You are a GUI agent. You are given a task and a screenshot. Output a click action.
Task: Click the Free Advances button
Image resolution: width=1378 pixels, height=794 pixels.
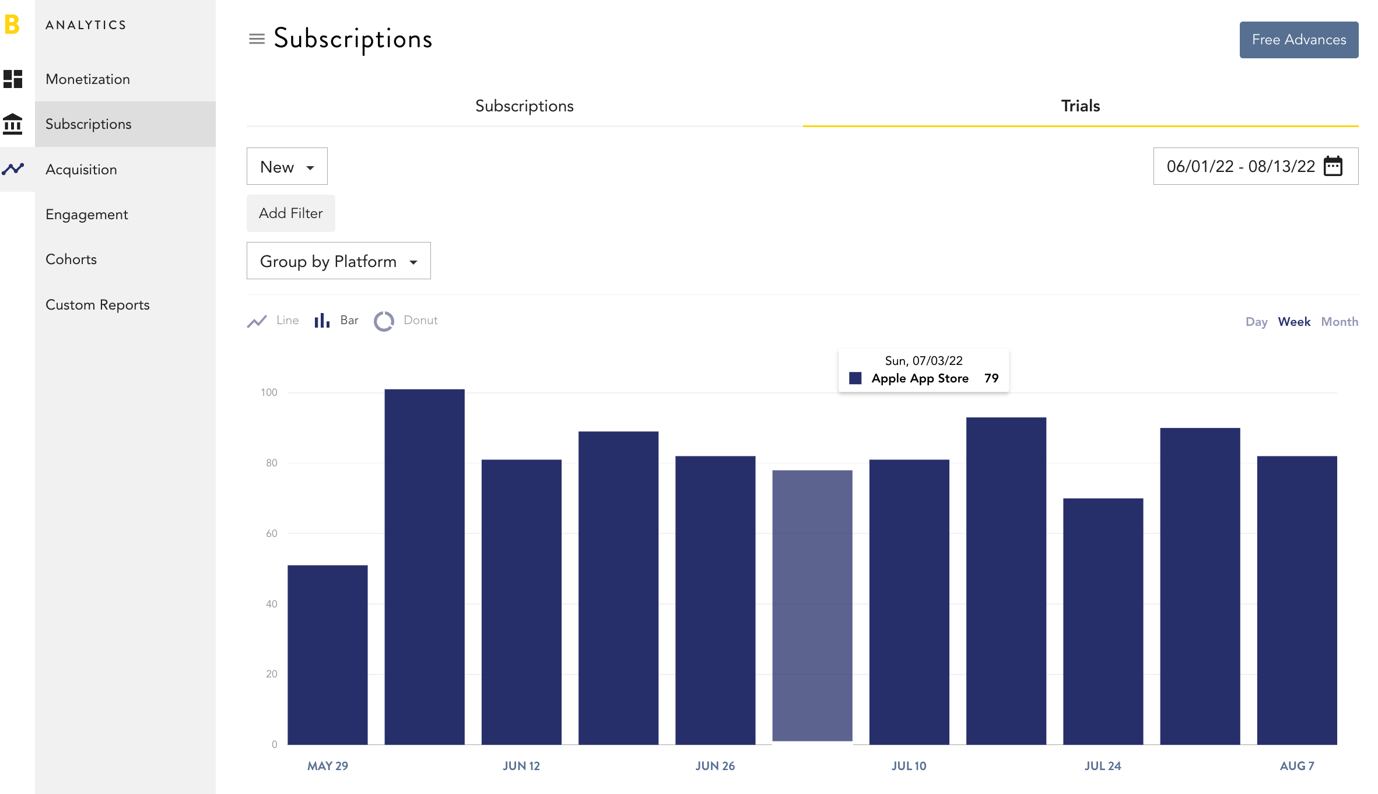pos(1299,40)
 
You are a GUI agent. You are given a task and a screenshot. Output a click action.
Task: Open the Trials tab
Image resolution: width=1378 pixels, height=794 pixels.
pos(1081,106)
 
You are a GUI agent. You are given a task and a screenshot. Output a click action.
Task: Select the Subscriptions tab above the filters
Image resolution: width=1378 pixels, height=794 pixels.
pos(524,106)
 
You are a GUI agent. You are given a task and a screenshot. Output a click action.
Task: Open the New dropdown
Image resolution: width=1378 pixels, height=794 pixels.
pos(287,167)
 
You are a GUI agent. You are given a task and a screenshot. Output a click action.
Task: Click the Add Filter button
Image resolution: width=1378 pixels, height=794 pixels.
pos(291,213)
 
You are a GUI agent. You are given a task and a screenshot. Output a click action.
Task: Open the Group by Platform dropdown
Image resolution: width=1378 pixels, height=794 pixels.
pos(339,261)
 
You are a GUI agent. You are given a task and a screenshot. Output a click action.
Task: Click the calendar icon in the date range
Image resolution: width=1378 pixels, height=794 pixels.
pos(1334,166)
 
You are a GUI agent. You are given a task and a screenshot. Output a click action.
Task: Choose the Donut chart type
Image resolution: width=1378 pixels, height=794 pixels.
pos(406,321)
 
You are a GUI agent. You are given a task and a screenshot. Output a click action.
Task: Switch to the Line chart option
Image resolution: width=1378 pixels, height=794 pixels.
pos(273,321)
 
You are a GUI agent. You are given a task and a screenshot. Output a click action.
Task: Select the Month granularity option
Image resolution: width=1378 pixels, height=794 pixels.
pos(1340,322)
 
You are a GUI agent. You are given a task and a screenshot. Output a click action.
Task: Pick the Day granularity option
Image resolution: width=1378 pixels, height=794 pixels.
pos(1257,322)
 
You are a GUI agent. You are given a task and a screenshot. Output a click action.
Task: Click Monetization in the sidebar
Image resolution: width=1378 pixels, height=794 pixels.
pos(88,79)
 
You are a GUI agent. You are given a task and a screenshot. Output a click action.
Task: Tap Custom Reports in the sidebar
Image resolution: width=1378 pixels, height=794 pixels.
pos(97,305)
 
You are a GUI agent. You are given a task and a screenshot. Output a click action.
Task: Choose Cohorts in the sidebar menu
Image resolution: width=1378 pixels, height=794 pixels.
pos(71,259)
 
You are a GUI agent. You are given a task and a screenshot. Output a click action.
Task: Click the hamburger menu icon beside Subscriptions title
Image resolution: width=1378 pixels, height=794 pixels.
pos(257,39)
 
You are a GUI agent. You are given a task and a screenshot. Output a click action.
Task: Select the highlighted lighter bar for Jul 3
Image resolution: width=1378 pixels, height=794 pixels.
pos(812,606)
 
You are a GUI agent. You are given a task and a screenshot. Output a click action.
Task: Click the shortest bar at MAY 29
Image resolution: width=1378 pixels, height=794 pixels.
pos(328,655)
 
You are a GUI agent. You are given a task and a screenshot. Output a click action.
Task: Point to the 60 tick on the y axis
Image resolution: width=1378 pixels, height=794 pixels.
pos(272,533)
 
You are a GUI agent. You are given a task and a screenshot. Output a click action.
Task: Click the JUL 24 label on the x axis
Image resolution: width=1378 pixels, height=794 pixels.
pos(1103,766)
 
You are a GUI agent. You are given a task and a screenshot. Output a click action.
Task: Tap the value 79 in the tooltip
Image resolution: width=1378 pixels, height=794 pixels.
pos(991,378)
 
